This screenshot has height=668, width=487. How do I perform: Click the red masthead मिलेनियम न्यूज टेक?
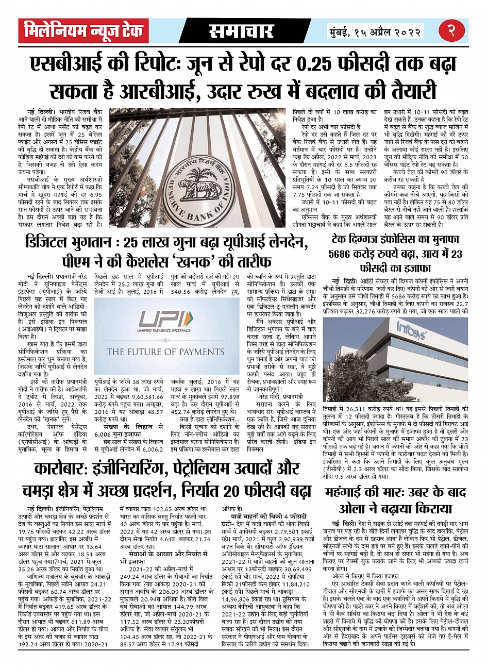[x=83, y=31]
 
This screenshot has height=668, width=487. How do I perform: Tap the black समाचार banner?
[x=241, y=31]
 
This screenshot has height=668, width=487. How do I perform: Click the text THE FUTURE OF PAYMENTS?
[x=164, y=352]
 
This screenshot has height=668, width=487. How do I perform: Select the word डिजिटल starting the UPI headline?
[x=47, y=241]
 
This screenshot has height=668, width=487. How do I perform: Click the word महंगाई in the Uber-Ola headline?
[x=350, y=492]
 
